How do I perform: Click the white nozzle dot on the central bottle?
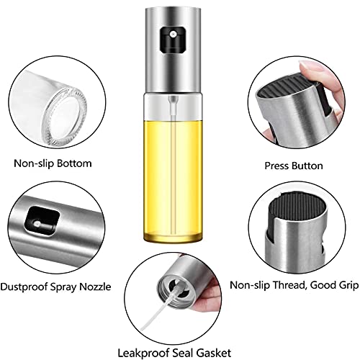[x=173, y=35]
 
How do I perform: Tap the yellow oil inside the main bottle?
[x=173, y=180]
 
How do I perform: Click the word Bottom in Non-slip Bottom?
[x=74, y=163]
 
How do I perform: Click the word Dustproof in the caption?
[x=24, y=287]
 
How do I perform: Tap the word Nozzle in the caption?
[x=95, y=287]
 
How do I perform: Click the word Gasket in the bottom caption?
[x=213, y=353]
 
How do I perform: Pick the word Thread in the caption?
[x=289, y=285]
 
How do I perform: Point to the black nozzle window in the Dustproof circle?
[x=41, y=221]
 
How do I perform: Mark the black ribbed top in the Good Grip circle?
[x=297, y=209]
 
